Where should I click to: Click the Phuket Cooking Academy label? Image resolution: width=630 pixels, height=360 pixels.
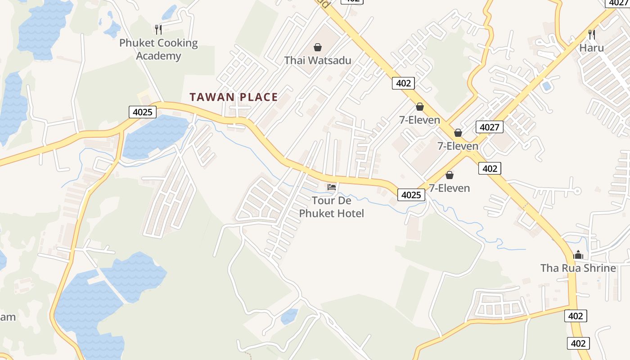click(158, 49)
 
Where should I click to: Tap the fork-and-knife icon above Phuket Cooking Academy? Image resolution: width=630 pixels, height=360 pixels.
click(158, 30)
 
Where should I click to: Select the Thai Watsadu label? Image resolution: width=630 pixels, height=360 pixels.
click(318, 60)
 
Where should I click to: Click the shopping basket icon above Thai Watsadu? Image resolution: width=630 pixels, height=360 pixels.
click(318, 47)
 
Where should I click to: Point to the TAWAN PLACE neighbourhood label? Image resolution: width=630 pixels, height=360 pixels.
click(234, 97)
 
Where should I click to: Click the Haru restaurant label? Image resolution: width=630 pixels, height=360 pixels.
click(591, 48)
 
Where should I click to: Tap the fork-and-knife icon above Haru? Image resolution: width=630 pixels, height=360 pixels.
click(592, 34)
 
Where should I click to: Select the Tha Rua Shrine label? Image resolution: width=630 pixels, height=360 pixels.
click(578, 268)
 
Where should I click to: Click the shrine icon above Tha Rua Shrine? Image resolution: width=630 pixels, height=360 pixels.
click(578, 255)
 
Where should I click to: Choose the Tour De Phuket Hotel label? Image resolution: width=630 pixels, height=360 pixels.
click(332, 207)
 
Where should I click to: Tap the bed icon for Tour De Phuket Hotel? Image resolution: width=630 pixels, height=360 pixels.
click(332, 187)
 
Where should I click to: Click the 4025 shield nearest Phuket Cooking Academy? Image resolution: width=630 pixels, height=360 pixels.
click(143, 112)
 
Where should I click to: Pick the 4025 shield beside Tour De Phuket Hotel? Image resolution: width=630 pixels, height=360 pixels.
click(411, 195)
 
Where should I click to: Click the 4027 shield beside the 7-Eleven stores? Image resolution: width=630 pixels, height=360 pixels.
click(489, 127)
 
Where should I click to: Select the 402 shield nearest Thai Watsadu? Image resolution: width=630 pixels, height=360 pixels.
click(403, 83)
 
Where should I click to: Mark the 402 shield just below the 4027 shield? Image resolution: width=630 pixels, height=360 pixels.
click(489, 168)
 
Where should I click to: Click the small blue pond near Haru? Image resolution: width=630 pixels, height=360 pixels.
click(547, 85)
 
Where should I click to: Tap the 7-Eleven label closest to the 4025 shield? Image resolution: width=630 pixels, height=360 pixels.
click(449, 188)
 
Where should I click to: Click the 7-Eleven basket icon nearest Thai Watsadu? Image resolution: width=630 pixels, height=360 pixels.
click(420, 107)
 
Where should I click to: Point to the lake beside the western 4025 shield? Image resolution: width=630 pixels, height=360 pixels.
click(155, 135)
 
